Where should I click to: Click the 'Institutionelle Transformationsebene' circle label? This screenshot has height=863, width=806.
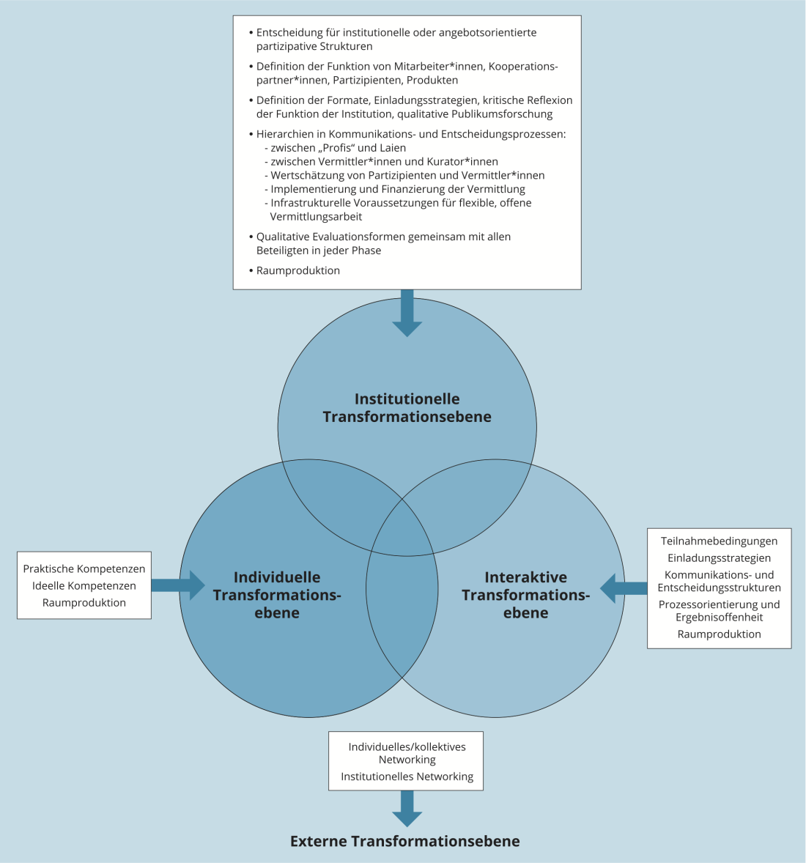(407, 408)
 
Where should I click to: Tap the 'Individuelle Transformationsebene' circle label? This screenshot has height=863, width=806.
(277, 595)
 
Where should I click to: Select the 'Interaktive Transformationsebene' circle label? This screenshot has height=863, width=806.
(525, 595)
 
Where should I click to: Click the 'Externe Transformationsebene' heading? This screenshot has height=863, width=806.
(405, 841)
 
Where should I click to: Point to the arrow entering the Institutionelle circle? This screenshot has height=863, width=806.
(407, 313)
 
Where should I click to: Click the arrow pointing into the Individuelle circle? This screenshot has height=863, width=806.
(178, 585)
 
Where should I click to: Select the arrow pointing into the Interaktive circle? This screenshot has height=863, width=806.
(624, 588)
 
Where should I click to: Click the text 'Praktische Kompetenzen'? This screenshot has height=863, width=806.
(84, 569)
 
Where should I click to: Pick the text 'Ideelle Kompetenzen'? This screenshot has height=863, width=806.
(84, 586)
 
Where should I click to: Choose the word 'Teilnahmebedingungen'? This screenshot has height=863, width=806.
(719, 541)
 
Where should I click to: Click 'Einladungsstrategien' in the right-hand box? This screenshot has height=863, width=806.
(719, 558)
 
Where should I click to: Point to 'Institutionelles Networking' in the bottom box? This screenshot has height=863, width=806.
(407, 777)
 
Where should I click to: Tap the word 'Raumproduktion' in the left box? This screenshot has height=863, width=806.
(84, 603)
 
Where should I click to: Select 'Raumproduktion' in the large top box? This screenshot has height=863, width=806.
(298, 270)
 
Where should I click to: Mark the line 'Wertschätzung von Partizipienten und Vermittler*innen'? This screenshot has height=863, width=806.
(407, 175)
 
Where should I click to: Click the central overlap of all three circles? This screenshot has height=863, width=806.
(402, 542)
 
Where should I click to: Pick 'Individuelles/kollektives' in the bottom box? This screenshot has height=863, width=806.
(407, 747)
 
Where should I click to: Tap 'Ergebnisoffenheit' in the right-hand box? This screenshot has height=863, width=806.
(719, 618)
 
